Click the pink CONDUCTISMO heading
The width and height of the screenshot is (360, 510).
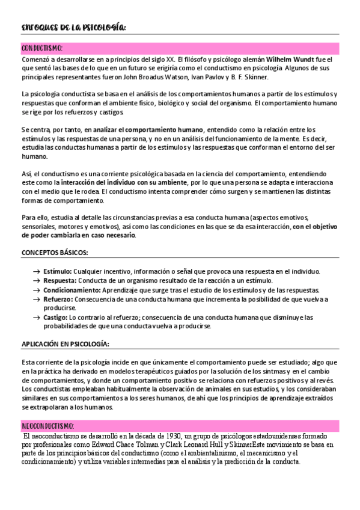point(43,48)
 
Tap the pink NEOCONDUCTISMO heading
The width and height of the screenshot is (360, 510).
point(47,425)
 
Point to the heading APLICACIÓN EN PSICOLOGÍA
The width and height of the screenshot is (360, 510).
point(65,343)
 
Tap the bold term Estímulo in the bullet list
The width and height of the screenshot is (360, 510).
point(58,271)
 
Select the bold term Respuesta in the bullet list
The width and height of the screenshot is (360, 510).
point(59,280)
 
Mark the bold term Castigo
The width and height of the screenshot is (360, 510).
point(55,317)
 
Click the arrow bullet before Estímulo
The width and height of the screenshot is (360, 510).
point(37,272)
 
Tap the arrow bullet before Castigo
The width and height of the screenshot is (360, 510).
point(37,318)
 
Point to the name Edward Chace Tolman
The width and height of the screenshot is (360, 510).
point(109,444)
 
